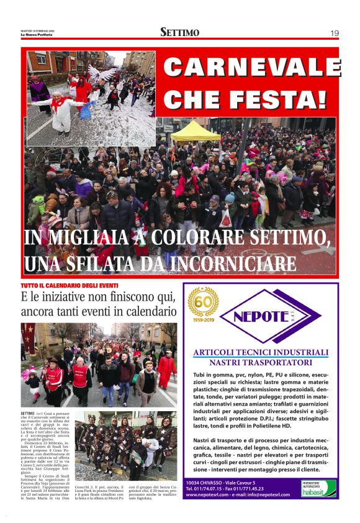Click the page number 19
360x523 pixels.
coord(334,33)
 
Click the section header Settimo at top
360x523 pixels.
coord(179,32)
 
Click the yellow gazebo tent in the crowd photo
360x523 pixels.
coord(196,132)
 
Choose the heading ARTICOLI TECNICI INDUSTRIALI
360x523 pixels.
coord(261,352)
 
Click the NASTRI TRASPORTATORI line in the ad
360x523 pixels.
coord(261,362)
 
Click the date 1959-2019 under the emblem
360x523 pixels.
coord(203,322)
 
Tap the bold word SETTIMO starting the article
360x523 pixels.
coord(27,413)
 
